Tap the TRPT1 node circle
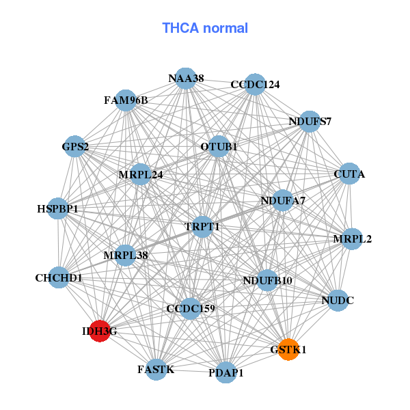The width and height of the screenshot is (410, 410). click(202, 226)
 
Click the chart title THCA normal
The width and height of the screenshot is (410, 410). click(205, 28)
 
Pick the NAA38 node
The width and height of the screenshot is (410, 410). click(185, 79)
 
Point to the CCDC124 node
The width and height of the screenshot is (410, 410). click(255, 84)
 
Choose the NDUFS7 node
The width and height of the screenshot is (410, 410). click(310, 122)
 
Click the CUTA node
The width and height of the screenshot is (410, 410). click(348, 175)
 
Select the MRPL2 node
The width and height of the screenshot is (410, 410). click(352, 239)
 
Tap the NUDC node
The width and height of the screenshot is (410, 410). click(338, 300)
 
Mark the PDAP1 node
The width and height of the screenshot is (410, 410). click(226, 373)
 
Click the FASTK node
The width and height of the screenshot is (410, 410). click(156, 369)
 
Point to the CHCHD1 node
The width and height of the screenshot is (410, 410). click(59, 277)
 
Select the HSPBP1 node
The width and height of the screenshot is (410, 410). click(58, 208)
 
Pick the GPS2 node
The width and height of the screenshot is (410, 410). click(74, 146)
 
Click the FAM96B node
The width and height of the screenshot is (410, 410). click(126, 100)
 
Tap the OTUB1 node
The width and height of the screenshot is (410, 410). click(219, 146)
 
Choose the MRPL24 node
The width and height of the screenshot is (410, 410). click(141, 174)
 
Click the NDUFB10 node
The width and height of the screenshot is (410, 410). click(267, 280)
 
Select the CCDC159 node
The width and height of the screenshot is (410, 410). click(191, 309)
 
